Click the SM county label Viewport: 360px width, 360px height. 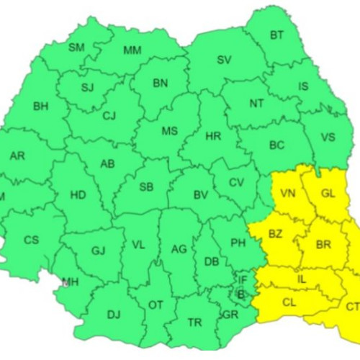tap(76, 48)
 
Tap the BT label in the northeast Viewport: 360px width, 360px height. tap(277, 34)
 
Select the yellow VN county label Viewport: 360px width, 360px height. tap(288, 193)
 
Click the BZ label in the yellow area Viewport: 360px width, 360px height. tap(276, 234)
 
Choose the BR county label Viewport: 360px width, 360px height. tap(323, 244)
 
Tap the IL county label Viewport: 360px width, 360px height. tap(302, 278)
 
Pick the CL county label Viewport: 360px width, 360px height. tap(289, 303)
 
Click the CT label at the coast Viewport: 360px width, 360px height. tap(352, 307)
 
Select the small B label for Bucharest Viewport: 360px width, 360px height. tap(240, 293)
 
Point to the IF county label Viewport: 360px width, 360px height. tap(243, 279)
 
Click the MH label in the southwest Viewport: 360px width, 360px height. tap(70, 282)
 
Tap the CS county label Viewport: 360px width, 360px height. tap(32, 240)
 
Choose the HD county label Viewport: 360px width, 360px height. tap(78, 194)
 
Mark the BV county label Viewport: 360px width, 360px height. tap(201, 194)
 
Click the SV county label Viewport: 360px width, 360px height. tap(224, 60)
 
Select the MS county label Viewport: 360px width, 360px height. tap(169, 131)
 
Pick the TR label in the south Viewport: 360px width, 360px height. tap(194, 322)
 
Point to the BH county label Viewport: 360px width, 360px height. tap(41, 107)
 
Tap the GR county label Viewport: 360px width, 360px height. tap(231, 315)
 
